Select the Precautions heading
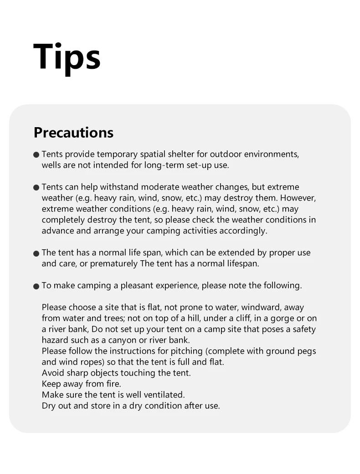73,133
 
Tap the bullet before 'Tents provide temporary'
36,155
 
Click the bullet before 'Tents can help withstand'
36,188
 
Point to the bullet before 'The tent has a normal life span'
36,254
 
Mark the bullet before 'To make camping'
36,287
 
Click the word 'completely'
64,220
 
